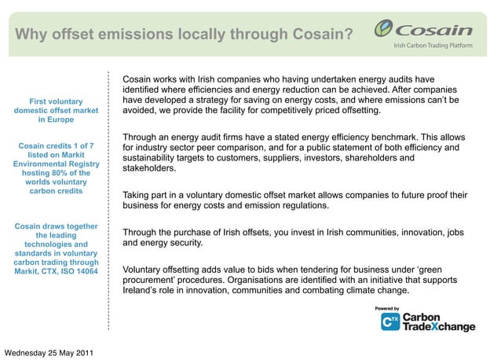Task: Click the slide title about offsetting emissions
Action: pyautogui.click(x=185, y=35)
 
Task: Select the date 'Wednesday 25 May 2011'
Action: pyautogui.click(x=49, y=351)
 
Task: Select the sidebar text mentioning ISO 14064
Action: pyautogui.click(x=56, y=249)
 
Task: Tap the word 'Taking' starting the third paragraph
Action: pyautogui.click(x=139, y=195)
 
